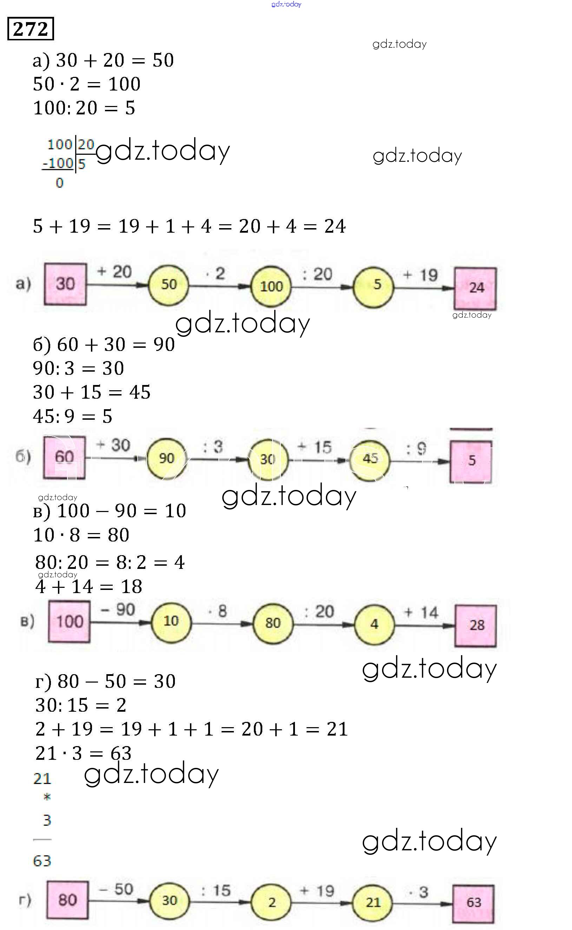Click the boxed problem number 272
[31, 29]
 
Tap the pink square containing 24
[475, 288]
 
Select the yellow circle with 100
[271, 286]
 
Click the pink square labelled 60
[64, 457]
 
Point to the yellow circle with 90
[166, 458]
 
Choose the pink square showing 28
[475, 626]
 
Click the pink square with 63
[474, 902]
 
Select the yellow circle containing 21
[373, 902]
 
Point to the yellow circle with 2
[271, 902]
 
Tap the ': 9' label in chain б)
[416, 449]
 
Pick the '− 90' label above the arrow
[118, 610]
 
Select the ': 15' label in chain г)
[216, 890]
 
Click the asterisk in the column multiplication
[47, 797]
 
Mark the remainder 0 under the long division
[59, 183]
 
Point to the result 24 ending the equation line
[335, 226]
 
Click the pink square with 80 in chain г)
[68, 900]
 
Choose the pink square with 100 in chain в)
[69, 622]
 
